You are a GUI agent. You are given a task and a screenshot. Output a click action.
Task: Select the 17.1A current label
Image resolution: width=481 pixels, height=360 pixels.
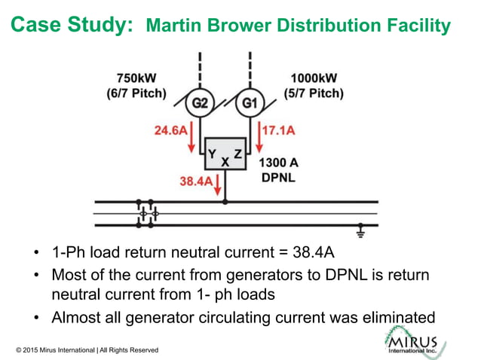coord(277,130)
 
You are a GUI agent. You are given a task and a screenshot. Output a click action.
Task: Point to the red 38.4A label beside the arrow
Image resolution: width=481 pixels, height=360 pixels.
coord(195,181)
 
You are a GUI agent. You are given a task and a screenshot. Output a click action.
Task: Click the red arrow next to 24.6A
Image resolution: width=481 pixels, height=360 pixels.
coord(192,136)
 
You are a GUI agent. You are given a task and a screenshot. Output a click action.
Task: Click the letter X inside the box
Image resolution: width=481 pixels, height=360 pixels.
coord(225,162)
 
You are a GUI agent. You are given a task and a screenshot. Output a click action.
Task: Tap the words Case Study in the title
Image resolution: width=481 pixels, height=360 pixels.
coord(72,25)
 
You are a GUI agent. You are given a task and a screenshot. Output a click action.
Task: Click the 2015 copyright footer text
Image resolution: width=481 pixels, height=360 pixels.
coord(87,350)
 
